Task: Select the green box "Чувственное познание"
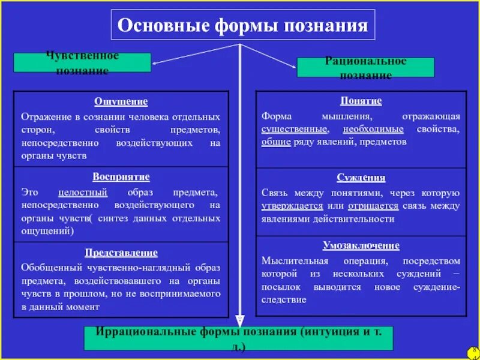click(x=82, y=63)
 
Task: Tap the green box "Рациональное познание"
click(x=365, y=67)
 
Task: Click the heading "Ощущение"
click(x=121, y=101)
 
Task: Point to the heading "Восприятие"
click(x=121, y=177)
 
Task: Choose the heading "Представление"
click(x=121, y=253)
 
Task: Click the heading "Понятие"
click(x=361, y=101)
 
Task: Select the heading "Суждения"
click(x=361, y=178)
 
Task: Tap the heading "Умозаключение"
click(x=361, y=245)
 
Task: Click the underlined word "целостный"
click(x=83, y=193)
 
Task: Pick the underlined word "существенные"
click(x=295, y=129)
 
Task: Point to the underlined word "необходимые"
click(x=373, y=129)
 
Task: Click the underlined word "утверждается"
click(x=292, y=205)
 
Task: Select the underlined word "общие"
click(x=276, y=142)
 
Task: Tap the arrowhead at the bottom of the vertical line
click(x=239, y=320)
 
